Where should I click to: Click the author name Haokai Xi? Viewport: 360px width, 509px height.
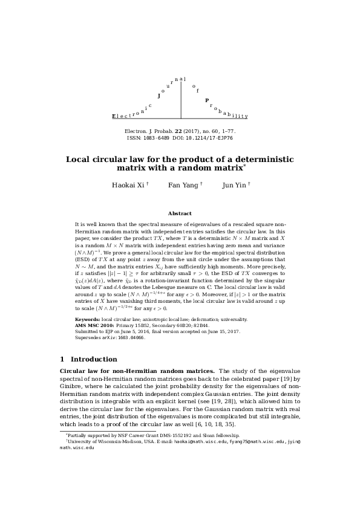point(126,185)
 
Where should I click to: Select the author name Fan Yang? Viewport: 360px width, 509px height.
point(183,185)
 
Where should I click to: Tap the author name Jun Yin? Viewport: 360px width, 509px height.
point(234,185)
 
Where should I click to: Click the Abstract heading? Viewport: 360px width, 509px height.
point(180,213)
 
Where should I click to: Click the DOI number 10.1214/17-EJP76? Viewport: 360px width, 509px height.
point(213,138)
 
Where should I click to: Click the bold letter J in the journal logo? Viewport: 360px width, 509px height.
point(159,96)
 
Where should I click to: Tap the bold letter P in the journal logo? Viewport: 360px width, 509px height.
point(206,100)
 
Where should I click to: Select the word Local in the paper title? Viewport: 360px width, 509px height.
point(80,160)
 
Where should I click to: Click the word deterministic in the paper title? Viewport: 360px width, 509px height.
point(241,160)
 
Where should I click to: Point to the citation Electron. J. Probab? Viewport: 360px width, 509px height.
point(149,131)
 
